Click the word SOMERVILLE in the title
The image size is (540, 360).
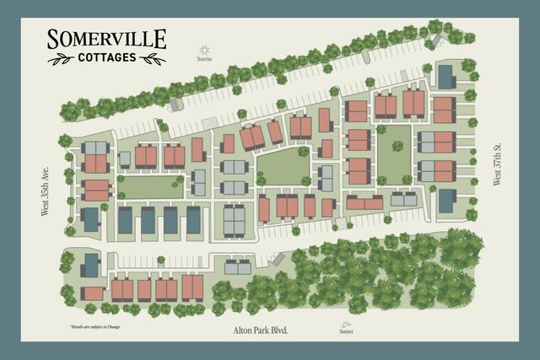tap(106, 40)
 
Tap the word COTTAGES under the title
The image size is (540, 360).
tap(106, 58)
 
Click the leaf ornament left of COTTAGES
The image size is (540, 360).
tap(61, 59)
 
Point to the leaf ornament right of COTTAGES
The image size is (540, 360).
tap(152, 59)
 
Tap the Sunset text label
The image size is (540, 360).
tap(345, 332)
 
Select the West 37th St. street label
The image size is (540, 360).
tap(498, 164)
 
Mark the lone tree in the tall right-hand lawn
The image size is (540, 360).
tap(397, 146)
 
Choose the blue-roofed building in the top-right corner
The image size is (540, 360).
tap(445, 76)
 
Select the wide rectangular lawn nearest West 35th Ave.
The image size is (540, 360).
tap(152, 186)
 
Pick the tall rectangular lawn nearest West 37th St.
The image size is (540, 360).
tap(393, 153)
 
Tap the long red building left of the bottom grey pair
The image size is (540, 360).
tap(364, 203)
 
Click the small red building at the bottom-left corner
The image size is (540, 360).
tap(92, 294)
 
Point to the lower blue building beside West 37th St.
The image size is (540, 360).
tap(446, 201)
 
